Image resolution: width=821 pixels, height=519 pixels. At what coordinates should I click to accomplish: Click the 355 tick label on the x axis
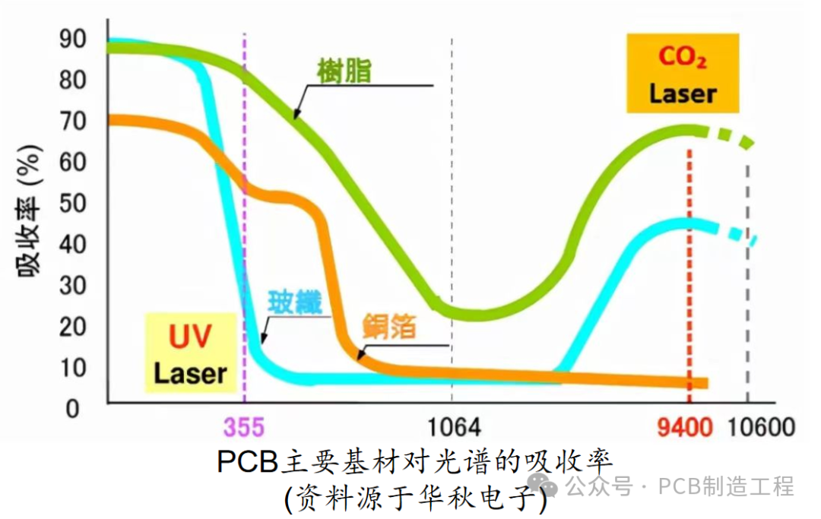pos(244,426)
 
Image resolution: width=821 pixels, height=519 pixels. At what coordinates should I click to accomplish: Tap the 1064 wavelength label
pos(452,426)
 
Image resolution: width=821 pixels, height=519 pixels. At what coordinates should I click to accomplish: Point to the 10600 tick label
pos(761,426)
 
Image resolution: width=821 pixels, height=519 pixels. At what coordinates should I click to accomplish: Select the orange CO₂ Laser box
pos(683,74)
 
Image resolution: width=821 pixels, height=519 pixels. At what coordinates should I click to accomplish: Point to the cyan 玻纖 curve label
pos(294,302)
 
